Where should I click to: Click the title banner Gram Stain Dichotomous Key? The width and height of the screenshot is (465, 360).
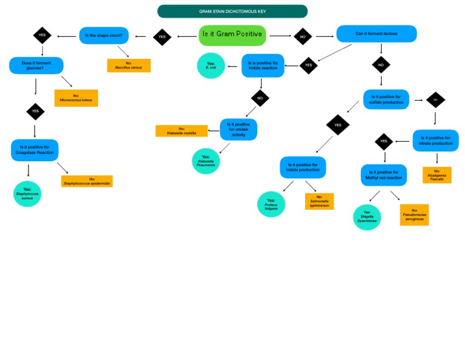[x=232, y=12]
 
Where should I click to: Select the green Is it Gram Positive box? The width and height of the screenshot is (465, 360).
[x=232, y=35]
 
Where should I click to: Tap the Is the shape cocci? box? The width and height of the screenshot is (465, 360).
[x=104, y=36]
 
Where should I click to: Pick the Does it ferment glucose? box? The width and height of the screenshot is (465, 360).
[x=36, y=65]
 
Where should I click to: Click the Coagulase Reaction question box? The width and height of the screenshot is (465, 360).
[x=35, y=150]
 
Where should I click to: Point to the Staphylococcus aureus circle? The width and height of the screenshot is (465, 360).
[x=27, y=194]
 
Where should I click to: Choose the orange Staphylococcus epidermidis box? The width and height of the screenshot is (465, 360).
[x=87, y=181]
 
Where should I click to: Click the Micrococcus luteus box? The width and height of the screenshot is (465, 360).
[x=76, y=98]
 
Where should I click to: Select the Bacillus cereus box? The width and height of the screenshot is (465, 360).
[x=128, y=65]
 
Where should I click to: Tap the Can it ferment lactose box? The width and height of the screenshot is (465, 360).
[x=376, y=34]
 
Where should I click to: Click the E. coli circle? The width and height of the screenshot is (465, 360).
[x=211, y=65]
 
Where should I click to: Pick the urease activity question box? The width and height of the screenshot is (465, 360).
[x=239, y=130]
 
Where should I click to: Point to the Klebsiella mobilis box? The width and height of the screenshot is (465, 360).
[x=182, y=131]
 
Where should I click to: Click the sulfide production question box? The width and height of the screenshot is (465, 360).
[x=386, y=99]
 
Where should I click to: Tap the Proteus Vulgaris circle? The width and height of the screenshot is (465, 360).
[x=271, y=204]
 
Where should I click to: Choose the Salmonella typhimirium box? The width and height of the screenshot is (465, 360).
[x=319, y=201]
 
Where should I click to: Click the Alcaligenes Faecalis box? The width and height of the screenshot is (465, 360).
[x=437, y=175]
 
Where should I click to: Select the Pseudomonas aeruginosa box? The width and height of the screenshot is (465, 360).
[x=414, y=215]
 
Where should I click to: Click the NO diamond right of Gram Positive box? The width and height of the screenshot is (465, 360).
[x=303, y=36]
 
